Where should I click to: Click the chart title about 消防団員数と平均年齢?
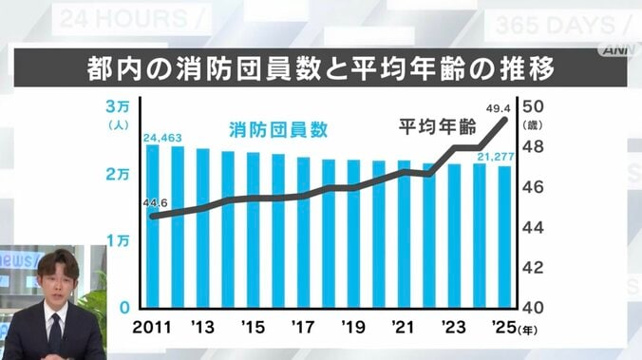(x=321, y=69)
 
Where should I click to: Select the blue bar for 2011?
(x=152, y=227)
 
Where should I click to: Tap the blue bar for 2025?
(x=504, y=237)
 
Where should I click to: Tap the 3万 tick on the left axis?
(x=119, y=106)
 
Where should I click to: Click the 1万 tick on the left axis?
(x=119, y=241)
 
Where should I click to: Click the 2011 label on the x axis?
(x=152, y=328)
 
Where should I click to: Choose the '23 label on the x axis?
(x=452, y=328)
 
